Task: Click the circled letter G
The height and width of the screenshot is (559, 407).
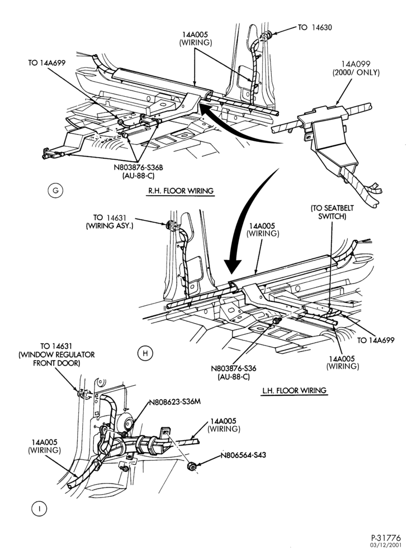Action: (x=55, y=191)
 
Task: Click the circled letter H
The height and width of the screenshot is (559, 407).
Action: (x=145, y=353)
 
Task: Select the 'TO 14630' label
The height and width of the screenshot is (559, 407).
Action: (x=315, y=27)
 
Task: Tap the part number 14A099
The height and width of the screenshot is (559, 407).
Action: (x=356, y=64)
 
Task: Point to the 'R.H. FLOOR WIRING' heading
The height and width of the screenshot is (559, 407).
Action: (x=181, y=191)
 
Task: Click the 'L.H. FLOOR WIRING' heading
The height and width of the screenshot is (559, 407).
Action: (x=295, y=390)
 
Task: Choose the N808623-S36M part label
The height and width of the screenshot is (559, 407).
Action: (x=174, y=402)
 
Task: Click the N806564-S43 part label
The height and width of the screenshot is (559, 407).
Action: (x=243, y=455)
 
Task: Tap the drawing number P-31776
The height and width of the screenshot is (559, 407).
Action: (x=386, y=538)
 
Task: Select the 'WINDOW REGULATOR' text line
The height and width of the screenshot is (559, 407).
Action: (x=56, y=355)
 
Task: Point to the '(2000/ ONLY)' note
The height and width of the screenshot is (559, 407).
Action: (x=356, y=72)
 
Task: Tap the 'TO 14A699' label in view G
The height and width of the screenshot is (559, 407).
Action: (x=47, y=63)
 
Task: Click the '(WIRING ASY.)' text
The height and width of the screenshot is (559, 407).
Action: (x=110, y=226)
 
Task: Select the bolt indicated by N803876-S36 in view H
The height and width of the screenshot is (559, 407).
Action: (x=276, y=321)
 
